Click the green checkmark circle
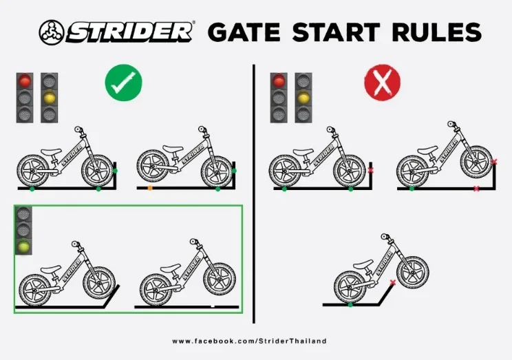tap(123, 83)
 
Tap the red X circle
tap(382, 83)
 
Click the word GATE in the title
tap(244, 32)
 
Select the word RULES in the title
tap(437, 32)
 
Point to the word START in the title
tap(336, 32)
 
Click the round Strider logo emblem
tap(51, 32)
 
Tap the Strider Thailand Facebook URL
tap(250, 341)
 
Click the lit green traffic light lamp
tap(23, 246)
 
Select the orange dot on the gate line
tap(150, 188)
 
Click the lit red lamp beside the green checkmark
tap(25, 81)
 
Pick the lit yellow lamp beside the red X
tap(303, 98)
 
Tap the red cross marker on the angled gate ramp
tap(392, 283)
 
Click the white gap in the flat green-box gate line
tap(213, 306)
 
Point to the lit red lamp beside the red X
tap(279, 81)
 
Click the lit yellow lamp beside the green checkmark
tap(50, 98)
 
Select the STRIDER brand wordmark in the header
tap(129, 32)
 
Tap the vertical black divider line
tap(254, 193)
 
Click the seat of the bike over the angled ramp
tap(363, 264)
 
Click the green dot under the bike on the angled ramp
tap(350, 305)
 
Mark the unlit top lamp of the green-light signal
tap(23, 214)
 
